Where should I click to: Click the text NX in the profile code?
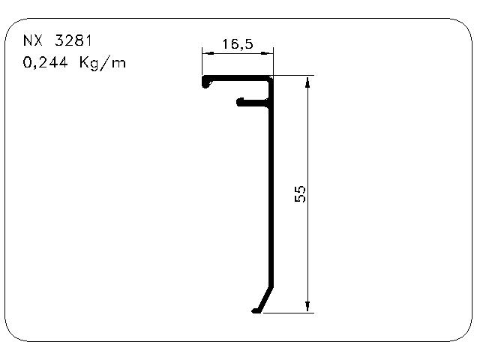point(33,40)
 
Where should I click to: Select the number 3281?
point(73,40)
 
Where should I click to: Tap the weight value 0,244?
point(45,62)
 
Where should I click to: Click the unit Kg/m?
point(103,63)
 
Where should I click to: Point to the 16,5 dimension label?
point(238,44)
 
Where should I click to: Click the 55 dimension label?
point(300,193)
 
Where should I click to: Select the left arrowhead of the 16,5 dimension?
point(208,53)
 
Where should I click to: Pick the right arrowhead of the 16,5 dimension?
point(267,53)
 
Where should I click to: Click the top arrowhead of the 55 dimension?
point(307,82)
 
